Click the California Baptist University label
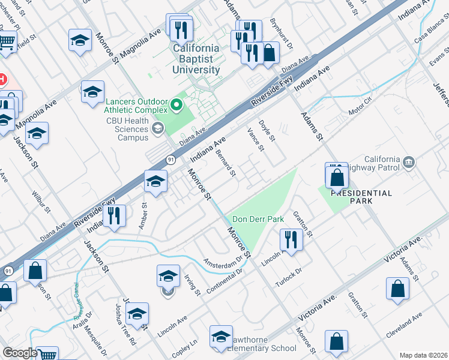tap(196, 59)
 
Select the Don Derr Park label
tap(258, 219)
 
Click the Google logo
tap(20, 353)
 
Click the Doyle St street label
tap(267, 131)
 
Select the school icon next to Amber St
tap(155, 181)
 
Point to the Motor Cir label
tap(360, 110)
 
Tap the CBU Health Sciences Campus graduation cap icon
tap(157, 127)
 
